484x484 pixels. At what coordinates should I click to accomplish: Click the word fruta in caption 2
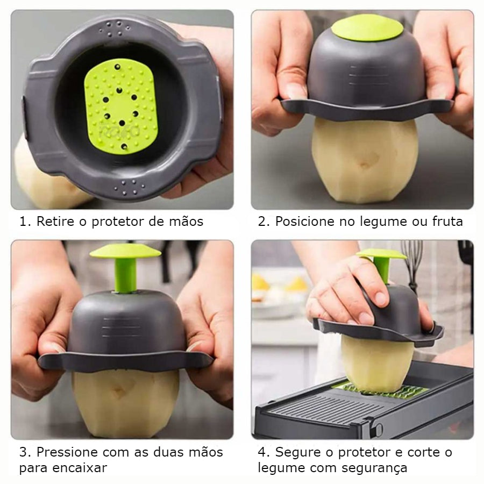pos(447,222)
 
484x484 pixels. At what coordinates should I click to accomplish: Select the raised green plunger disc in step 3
pos(125,251)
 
